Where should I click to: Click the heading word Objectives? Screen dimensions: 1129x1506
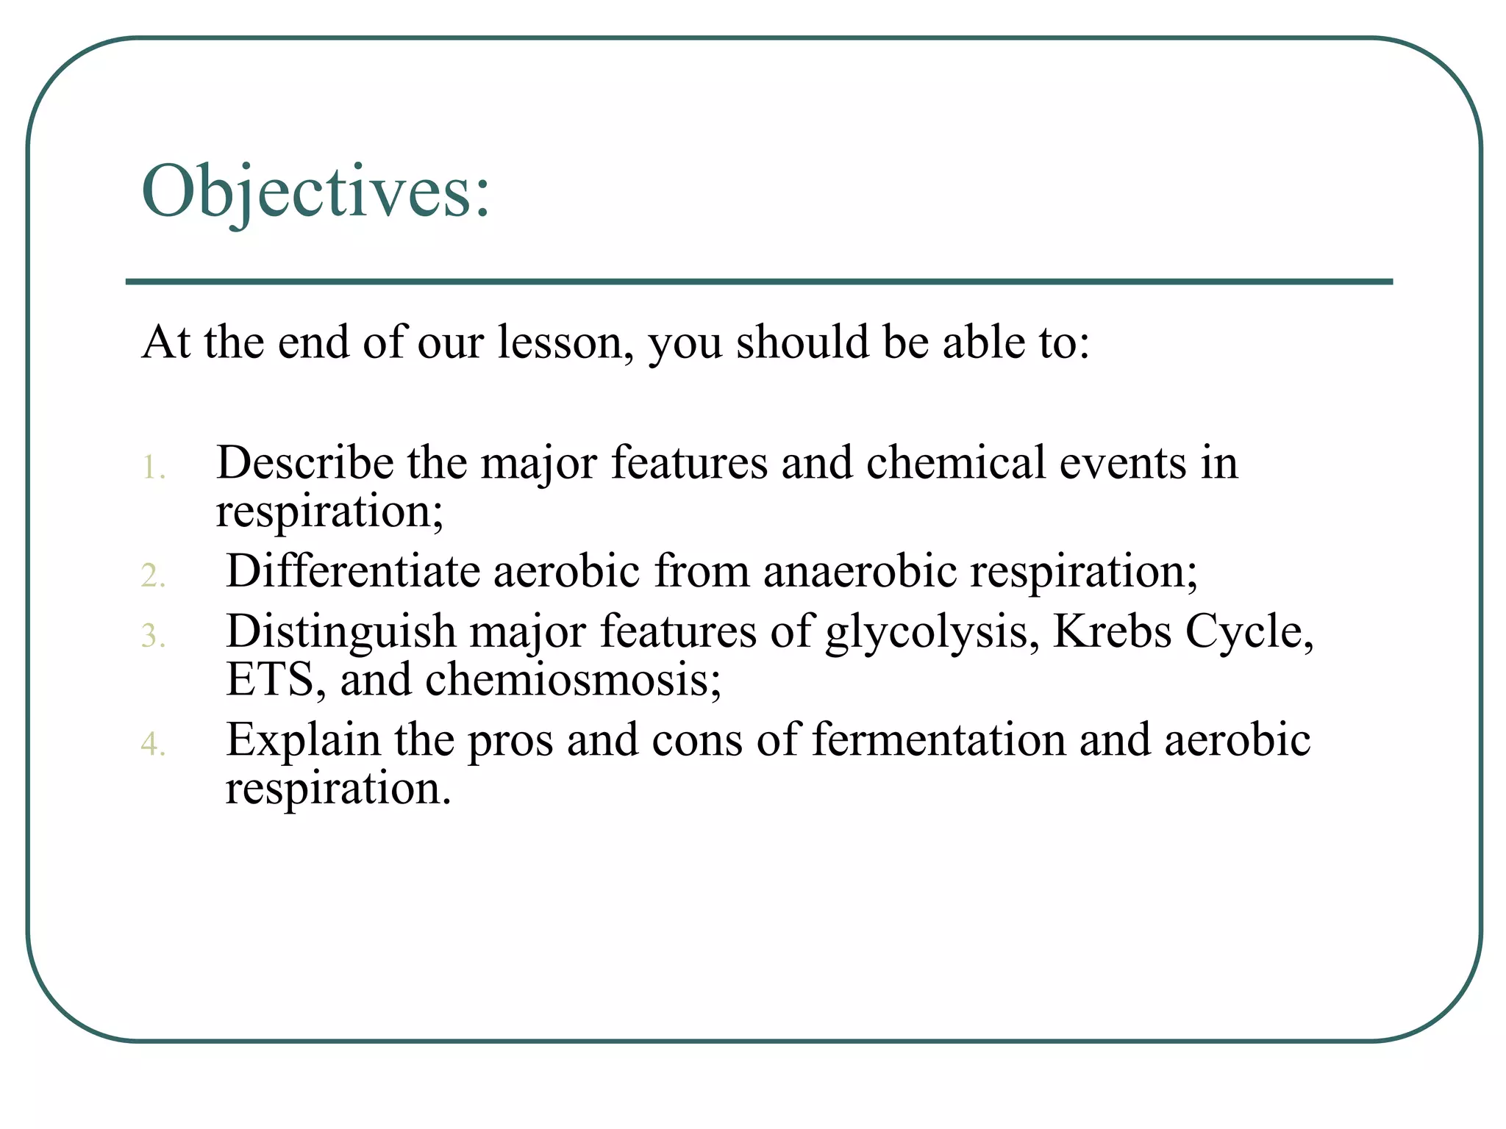click(x=315, y=193)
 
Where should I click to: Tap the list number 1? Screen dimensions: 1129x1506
click(x=153, y=467)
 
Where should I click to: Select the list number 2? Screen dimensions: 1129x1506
click(x=153, y=575)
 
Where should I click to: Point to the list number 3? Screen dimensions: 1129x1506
click(x=153, y=635)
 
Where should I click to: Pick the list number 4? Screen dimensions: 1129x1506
click(x=153, y=744)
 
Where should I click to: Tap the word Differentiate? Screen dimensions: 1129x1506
click(x=353, y=571)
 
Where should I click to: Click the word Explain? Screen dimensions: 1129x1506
click(x=303, y=740)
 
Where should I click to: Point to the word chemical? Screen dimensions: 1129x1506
click(x=955, y=463)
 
